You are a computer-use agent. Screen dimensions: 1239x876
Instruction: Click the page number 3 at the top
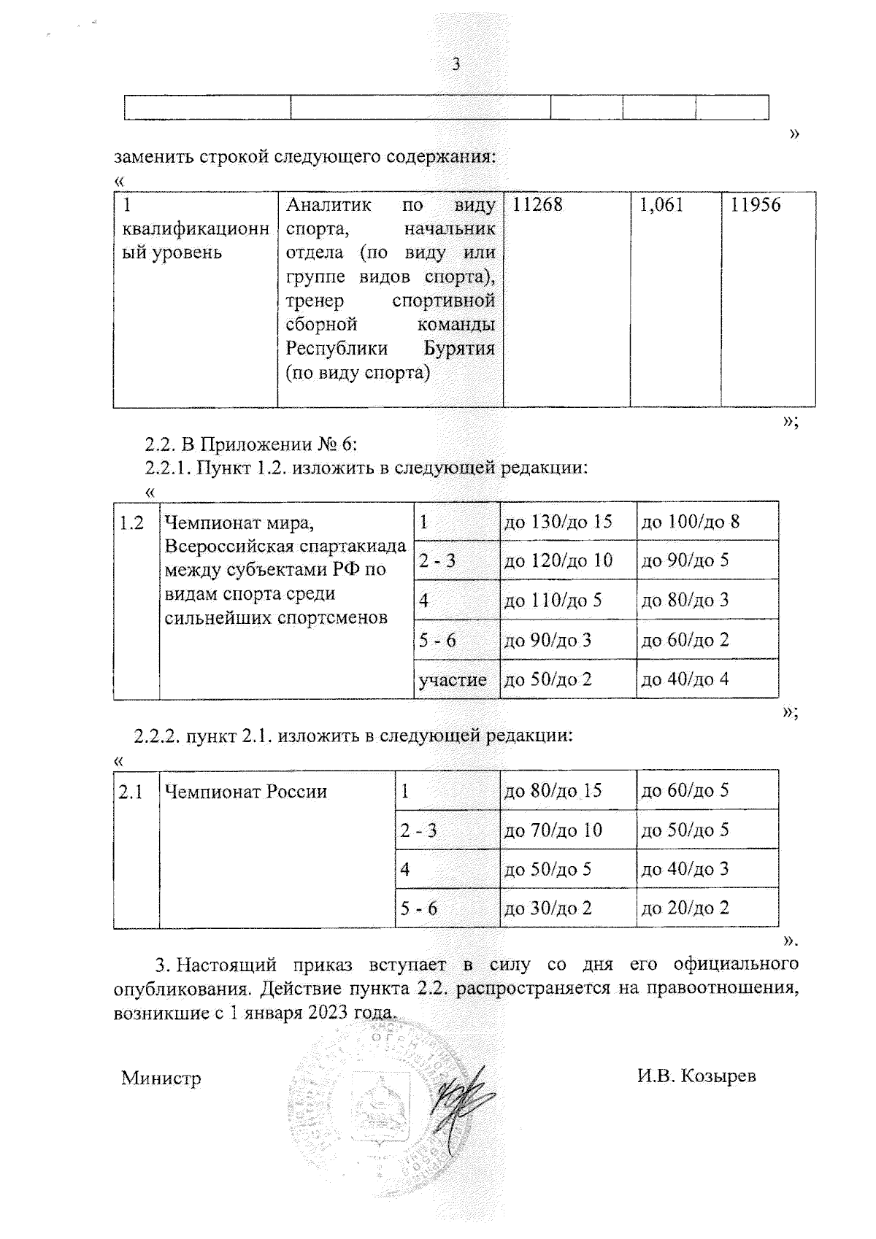pos(456,64)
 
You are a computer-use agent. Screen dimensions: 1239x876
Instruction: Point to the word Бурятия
pos(459,348)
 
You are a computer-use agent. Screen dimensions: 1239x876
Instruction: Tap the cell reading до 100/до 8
pos(690,522)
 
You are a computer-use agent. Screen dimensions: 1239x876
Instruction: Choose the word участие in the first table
pos(453,680)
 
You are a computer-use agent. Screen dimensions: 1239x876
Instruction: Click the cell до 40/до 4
pos(685,680)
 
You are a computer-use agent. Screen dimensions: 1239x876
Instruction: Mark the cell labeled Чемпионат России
pos(246,792)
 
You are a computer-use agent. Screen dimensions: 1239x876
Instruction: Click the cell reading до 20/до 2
pos(685,908)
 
